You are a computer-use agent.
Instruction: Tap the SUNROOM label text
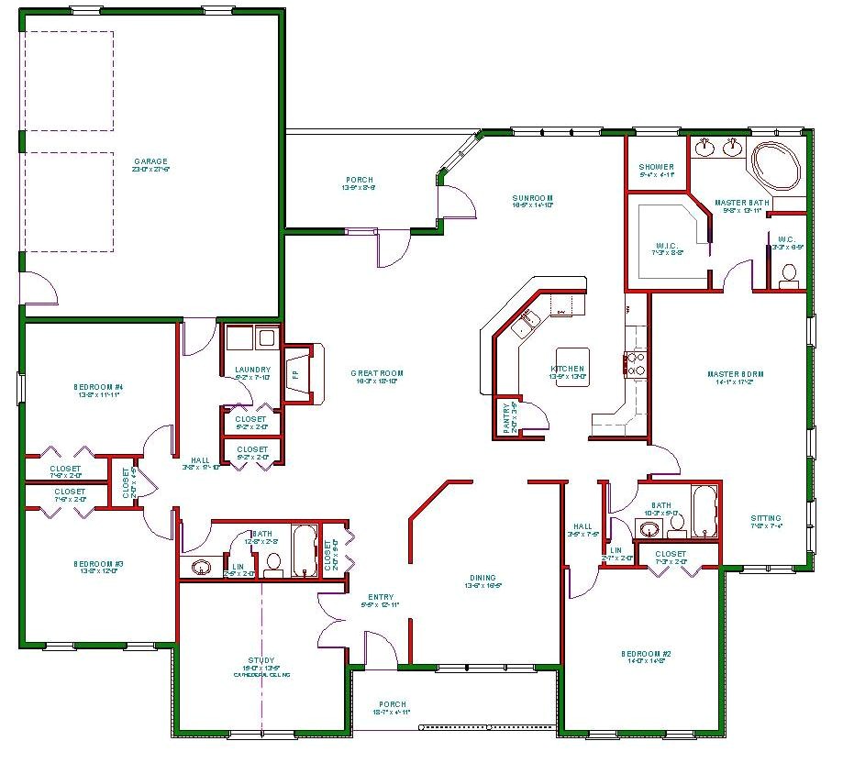coord(533,198)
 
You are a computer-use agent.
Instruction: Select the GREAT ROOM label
coord(377,373)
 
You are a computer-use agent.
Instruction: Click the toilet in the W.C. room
coord(788,275)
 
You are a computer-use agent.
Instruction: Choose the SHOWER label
coord(656,167)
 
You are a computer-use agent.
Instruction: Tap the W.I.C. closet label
coord(666,245)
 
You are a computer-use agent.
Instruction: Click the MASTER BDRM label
coord(735,374)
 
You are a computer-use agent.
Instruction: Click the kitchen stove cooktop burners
coord(635,365)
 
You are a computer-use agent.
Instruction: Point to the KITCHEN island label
coord(567,370)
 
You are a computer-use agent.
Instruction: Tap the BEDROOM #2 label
coord(649,654)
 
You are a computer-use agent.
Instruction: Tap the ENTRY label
coord(382,597)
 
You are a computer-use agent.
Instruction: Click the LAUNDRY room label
coord(251,370)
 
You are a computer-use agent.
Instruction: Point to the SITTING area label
coord(767,518)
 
